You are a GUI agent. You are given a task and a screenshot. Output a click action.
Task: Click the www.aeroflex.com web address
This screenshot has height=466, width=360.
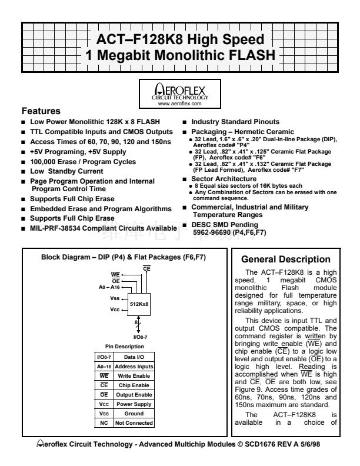point(179,102)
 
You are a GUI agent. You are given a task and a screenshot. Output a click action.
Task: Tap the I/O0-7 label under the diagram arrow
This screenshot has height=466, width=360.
point(140,337)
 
